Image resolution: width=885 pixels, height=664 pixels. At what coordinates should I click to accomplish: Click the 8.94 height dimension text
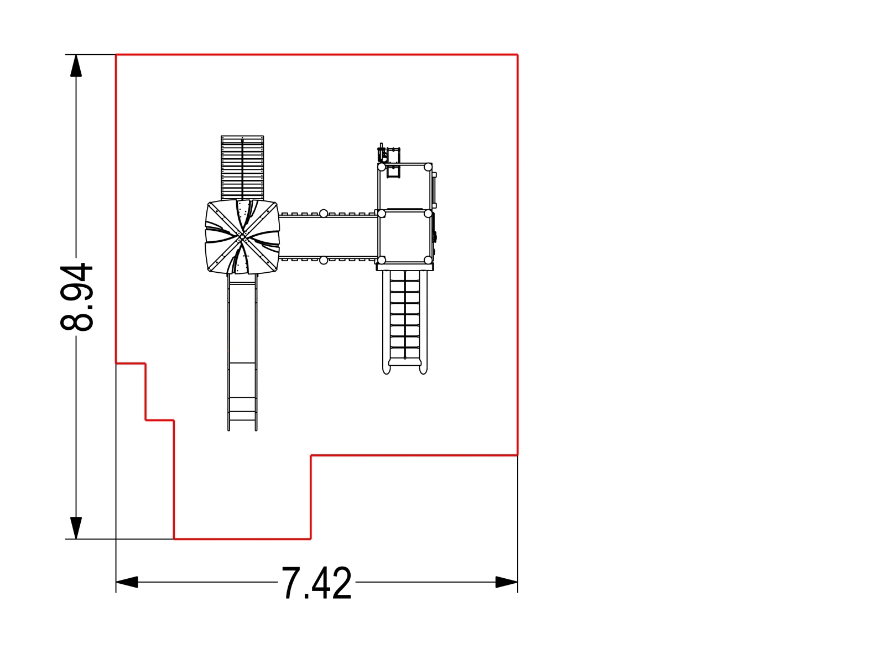76,297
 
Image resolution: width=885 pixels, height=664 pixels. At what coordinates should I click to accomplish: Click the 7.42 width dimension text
316,583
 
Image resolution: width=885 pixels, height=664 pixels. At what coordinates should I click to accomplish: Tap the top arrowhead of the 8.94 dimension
76,65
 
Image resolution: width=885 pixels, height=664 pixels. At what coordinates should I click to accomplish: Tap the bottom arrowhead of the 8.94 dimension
76,528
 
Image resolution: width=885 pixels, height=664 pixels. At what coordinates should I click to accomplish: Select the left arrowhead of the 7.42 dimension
127,582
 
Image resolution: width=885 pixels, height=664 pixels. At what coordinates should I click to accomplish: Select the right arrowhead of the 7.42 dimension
507,582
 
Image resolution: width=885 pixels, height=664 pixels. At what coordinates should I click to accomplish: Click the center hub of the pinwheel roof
242,237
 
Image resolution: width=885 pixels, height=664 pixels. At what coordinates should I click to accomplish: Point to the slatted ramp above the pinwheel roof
242,168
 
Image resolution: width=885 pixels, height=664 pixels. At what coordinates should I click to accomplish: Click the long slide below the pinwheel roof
242,352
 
